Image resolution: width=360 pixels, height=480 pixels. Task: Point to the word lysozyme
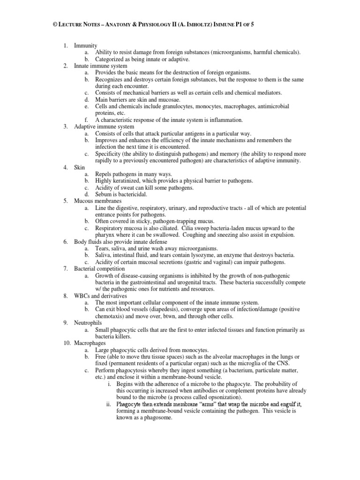click(x=215, y=255)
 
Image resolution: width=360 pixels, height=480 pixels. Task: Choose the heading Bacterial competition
click(x=99, y=269)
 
